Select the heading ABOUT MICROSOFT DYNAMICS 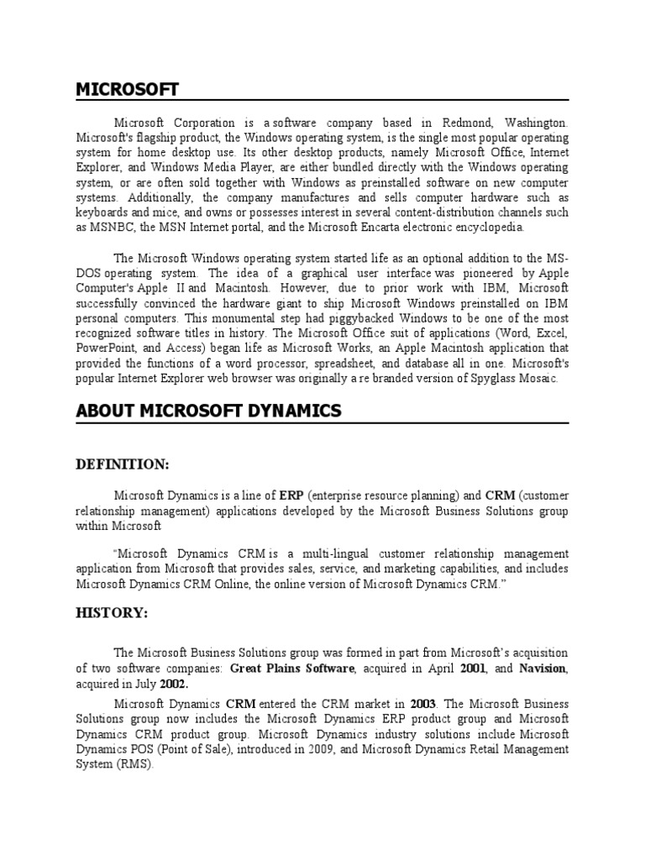click(208, 411)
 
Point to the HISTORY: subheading click(112, 614)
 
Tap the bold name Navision click(543, 668)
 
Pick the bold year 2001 click(474, 668)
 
